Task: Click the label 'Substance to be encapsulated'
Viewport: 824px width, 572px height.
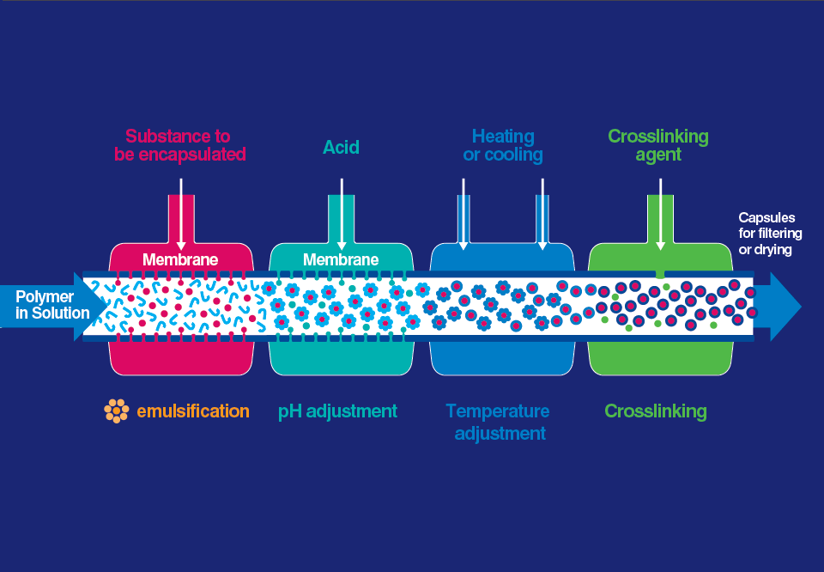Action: (x=180, y=145)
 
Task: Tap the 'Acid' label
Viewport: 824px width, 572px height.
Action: (x=341, y=147)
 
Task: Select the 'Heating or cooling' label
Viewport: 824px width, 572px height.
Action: (x=503, y=145)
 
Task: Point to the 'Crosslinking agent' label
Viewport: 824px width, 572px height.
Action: (x=658, y=145)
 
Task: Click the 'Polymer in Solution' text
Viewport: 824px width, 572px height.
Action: (x=52, y=304)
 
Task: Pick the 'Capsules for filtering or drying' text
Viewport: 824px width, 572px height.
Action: (x=767, y=234)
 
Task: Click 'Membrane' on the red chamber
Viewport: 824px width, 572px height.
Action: (x=180, y=259)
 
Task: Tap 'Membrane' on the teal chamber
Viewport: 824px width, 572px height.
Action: (x=341, y=259)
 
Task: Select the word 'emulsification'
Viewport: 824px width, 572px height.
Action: (x=193, y=411)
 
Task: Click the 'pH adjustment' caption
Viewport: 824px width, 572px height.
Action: (x=338, y=411)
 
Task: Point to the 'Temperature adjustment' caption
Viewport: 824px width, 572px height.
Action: (x=500, y=422)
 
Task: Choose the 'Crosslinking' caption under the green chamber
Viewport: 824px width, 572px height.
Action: (x=656, y=411)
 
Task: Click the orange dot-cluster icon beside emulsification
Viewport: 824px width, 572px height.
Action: (x=116, y=411)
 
